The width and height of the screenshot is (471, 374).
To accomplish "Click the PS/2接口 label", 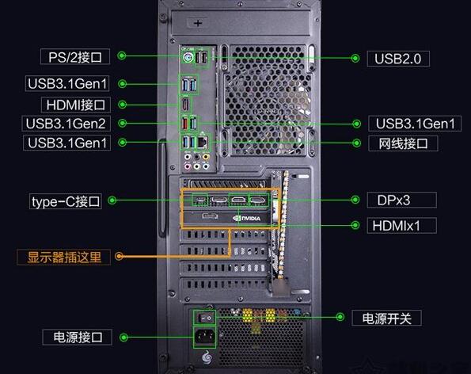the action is coord(75,56).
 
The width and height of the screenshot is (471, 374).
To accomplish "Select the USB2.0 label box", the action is coord(398,59).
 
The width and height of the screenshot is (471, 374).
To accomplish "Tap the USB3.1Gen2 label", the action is coord(66,124).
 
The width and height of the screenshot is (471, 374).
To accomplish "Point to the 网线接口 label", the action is coord(403,143).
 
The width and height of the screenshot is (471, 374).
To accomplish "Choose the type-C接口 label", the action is coord(66,201).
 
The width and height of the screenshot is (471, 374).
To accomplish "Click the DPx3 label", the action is coord(401,200).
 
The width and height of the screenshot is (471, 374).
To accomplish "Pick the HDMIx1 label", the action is coord(401,226).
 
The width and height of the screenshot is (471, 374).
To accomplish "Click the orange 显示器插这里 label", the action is coord(63,257).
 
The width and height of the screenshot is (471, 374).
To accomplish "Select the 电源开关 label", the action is coord(386,318).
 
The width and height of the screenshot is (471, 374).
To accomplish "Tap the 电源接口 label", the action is coord(78,337).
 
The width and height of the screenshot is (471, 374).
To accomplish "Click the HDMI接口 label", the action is coord(76,105).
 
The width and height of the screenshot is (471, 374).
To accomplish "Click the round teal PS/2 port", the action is coord(188,57).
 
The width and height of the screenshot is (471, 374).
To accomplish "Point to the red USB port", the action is coord(185,124).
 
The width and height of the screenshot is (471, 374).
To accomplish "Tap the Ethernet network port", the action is coord(202,141).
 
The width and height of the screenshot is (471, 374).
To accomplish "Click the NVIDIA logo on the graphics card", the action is coord(247,218).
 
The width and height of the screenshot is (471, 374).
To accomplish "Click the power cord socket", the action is coord(204,337).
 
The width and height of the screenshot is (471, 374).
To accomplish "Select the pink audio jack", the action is coord(188,166).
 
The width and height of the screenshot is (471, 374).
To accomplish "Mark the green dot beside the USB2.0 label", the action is coord(355,59).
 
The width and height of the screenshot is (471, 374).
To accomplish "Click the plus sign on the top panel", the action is coord(198,23).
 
